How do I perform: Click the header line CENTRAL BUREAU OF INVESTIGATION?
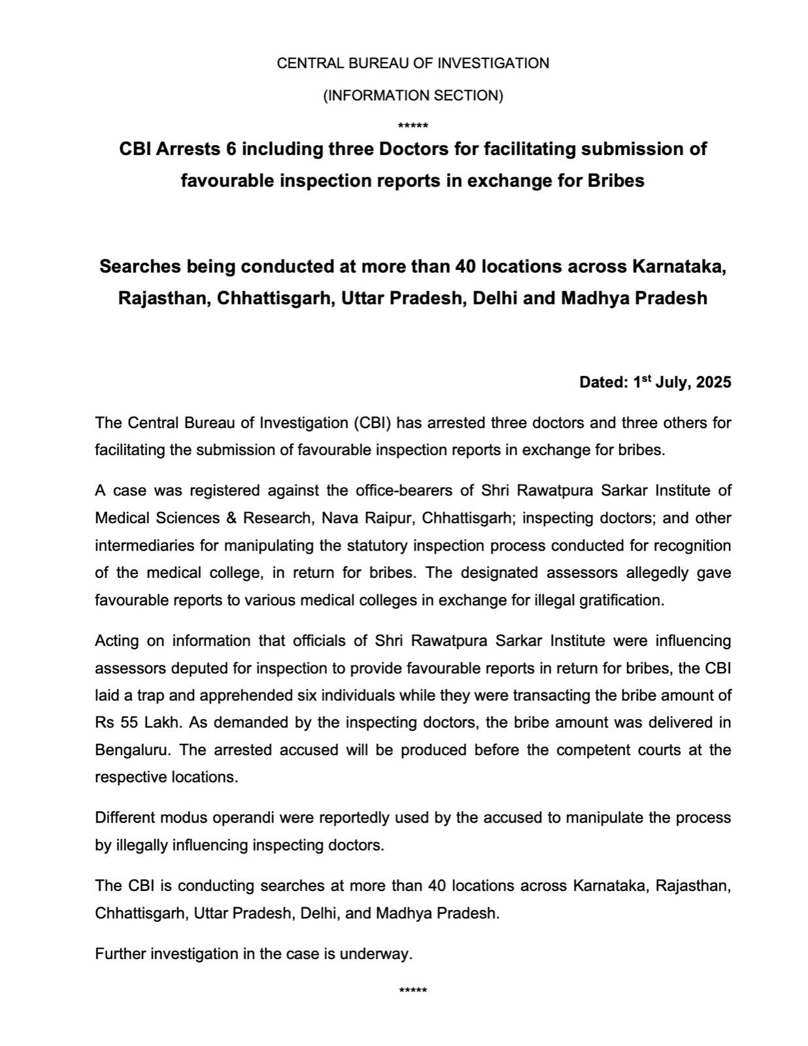(x=412, y=63)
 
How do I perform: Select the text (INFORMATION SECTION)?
(x=412, y=95)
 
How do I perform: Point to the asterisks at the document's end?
(x=412, y=990)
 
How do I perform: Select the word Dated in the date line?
(x=602, y=382)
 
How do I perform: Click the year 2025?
(x=713, y=382)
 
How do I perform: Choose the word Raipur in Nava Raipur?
(x=395, y=518)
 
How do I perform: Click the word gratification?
(x=621, y=600)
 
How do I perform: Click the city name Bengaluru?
(x=129, y=750)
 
